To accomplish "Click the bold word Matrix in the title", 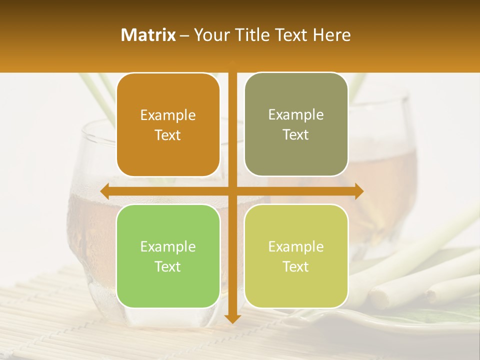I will pos(148,35).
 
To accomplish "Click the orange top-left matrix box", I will pos(168,125).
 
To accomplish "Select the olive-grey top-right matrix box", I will pos(296,124).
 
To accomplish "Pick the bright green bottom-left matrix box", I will pos(168,256).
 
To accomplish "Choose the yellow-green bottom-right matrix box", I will pos(296,256).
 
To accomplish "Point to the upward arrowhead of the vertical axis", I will pos(232,64).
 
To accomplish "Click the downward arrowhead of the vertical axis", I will pos(232,318).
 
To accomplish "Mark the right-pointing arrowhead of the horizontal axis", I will pos(359,191).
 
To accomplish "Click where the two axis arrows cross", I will pos(232,191).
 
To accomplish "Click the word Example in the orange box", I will pos(168,115).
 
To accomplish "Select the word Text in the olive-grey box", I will pos(296,134).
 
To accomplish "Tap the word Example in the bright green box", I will pos(168,247).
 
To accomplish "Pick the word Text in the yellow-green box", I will pos(296,266).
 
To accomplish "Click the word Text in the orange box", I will pos(168,135).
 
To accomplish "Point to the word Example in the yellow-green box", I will pos(296,247).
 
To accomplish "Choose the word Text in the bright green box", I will pos(168,266).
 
